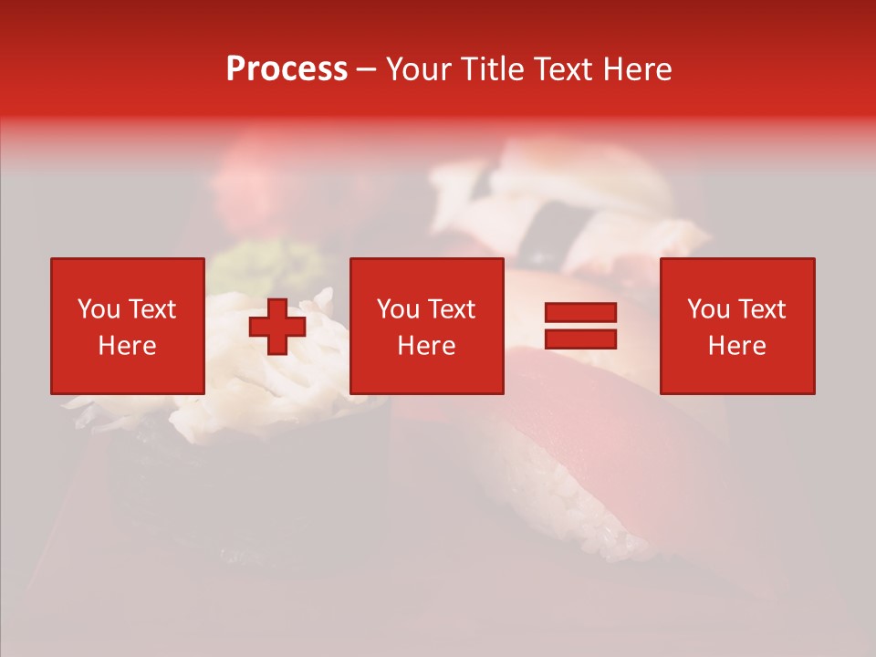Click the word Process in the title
[287, 69]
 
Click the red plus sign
[277, 327]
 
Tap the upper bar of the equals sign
[580, 313]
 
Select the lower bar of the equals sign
[580, 339]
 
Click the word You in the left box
[99, 309]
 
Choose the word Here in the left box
[127, 346]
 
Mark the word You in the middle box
[398, 309]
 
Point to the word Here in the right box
[736, 346]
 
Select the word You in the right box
[708, 309]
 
